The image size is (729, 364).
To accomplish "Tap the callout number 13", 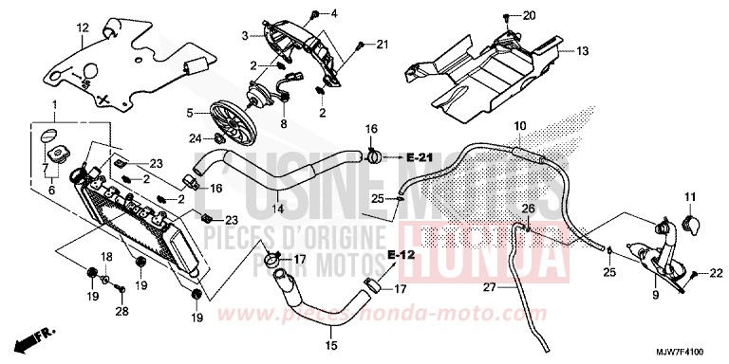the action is coord(582,50).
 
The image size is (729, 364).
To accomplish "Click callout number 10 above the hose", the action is coord(519,126).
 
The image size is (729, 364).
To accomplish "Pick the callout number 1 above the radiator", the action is coord(54,103).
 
